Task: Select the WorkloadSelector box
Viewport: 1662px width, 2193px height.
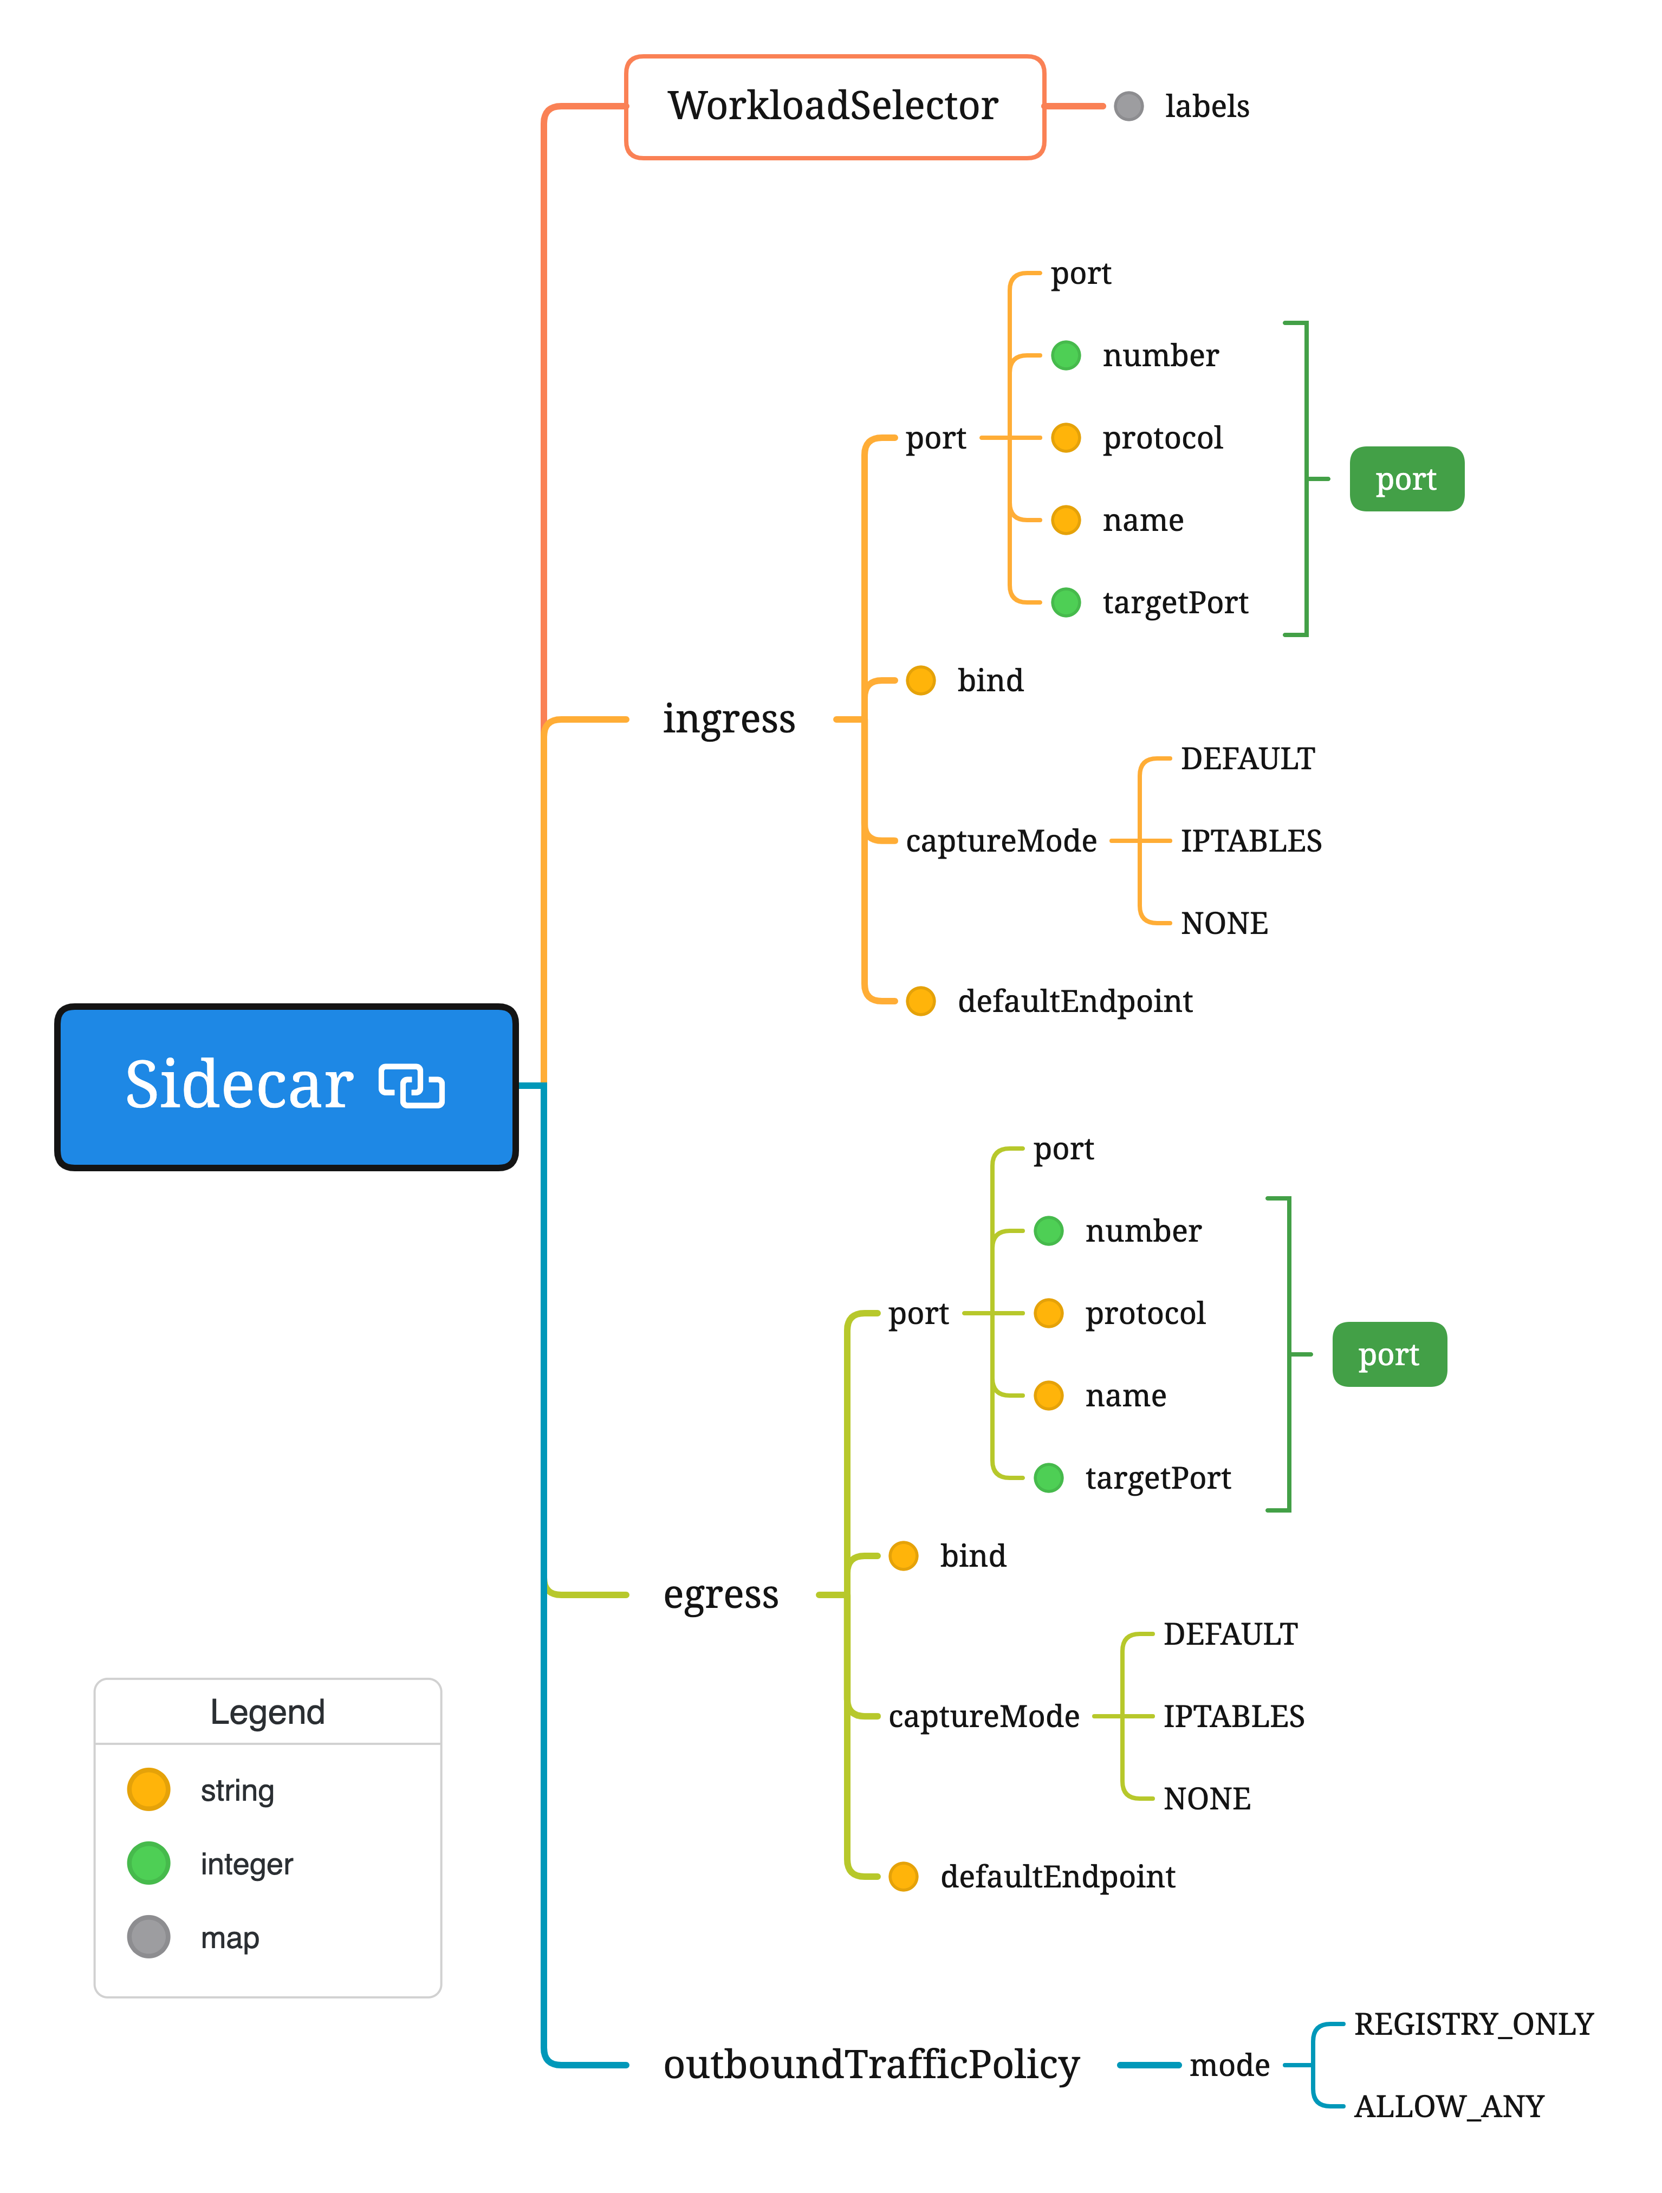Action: coord(833,106)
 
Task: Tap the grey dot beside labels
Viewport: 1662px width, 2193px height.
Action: coord(1128,106)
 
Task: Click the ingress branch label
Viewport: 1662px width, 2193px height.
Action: coord(729,719)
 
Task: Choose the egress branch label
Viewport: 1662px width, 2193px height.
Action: coord(721,1594)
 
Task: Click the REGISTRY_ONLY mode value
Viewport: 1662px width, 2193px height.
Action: coord(1472,2023)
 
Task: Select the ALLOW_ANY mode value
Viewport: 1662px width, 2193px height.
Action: coord(1449,2106)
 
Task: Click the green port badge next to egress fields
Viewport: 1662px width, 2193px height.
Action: coord(1388,1354)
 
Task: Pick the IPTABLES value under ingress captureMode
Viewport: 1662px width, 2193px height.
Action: coord(1250,841)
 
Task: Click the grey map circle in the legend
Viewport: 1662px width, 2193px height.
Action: coord(149,1936)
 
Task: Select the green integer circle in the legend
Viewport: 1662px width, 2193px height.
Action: coord(149,1863)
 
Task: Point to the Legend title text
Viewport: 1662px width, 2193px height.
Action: coord(268,1712)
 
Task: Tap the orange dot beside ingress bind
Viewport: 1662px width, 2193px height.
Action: coord(920,680)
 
